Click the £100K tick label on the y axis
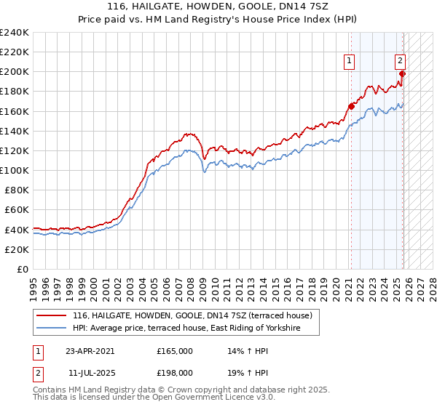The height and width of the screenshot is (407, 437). pyautogui.click(x=15, y=170)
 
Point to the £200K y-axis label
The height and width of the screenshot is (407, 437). pyautogui.click(x=15, y=72)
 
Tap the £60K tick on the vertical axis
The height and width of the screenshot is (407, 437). pyautogui.click(x=17, y=209)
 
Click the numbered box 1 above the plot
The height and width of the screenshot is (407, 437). pyautogui.click(x=350, y=62)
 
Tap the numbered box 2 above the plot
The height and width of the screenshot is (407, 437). pyautogui.click(x=401, y=62)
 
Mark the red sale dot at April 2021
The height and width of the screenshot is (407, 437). pyautogui.click(x=351, y=106)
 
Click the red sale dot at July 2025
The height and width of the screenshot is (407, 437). pyautogui.click(x=403, y=73)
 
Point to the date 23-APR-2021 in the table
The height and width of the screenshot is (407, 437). pyautogui.click(x=90, y=350)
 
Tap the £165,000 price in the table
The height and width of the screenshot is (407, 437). pyautogui.click(x=174, y=350)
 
